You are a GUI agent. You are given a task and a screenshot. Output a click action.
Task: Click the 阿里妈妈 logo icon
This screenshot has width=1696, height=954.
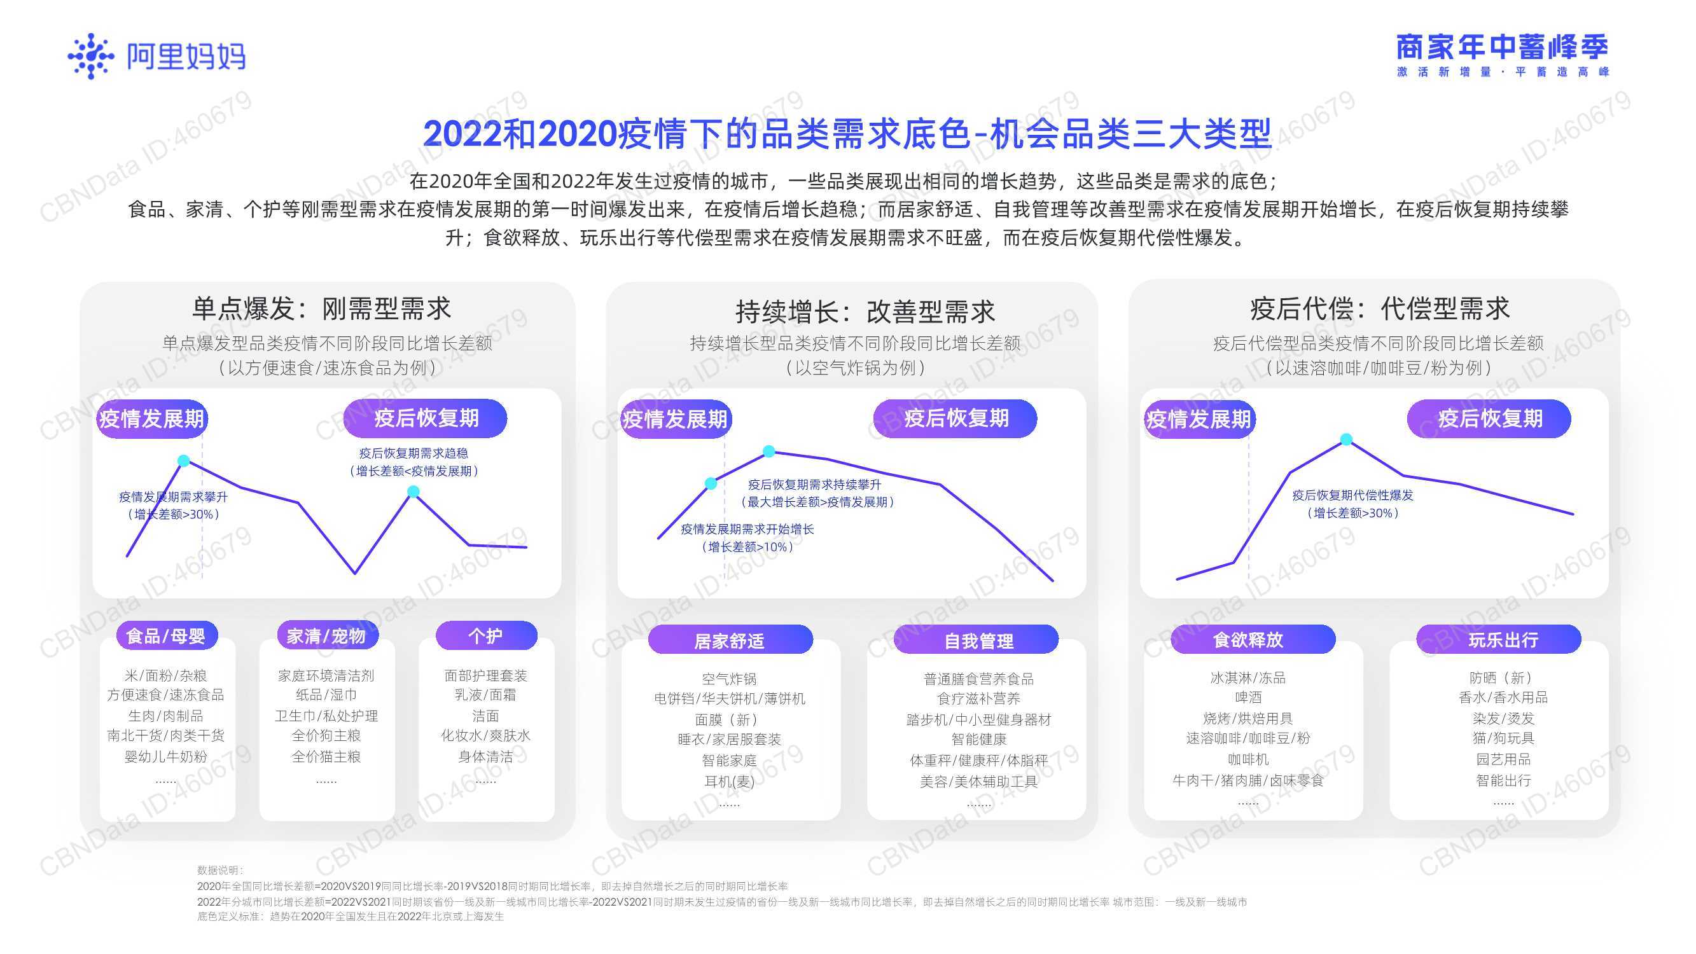(x=91, y=56)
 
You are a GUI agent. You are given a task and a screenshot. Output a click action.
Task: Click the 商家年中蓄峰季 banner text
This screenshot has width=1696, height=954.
(x=1503, y=48)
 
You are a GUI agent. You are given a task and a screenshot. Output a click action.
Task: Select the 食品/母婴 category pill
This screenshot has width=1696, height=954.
(x=166, y=636)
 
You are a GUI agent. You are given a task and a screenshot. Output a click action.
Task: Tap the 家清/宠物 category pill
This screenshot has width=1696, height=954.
(x=326, y=636)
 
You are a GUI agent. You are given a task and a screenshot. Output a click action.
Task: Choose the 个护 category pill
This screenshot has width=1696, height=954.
(x=486, y=636)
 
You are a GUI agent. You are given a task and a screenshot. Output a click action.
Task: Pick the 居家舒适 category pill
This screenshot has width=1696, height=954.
(x=730, y=640)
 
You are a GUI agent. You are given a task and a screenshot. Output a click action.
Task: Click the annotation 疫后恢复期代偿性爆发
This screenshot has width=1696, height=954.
(x=1353, y=495)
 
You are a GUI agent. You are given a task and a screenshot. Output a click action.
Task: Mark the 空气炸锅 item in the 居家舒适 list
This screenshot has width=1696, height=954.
(x=730, y=679)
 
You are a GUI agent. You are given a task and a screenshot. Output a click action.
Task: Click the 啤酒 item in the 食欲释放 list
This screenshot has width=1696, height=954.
(x=1248, y=697)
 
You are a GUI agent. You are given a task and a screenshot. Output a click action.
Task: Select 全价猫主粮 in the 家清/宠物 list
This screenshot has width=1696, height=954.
(x=326, y=756)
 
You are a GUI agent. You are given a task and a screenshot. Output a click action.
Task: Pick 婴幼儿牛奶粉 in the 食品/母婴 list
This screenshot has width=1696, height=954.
(x=166, y=756)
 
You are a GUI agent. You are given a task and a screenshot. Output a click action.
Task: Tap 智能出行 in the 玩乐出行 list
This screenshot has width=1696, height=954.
(x=1503, y=780)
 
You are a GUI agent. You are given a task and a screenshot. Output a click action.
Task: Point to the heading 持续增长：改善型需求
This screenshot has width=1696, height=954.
(x=865, y=312)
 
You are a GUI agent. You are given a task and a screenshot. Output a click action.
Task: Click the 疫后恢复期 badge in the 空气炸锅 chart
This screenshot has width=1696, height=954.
(x=956, y=418)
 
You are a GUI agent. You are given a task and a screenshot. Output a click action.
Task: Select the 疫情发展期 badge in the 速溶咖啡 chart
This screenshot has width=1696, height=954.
(x=1199, y=418)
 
